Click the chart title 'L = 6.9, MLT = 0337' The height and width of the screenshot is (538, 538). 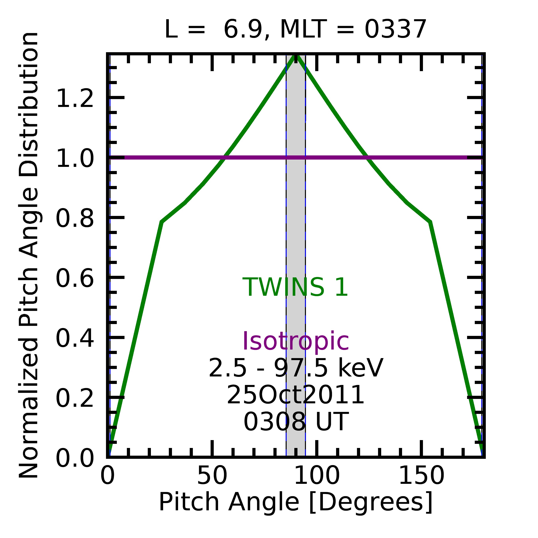(x=295, y=30)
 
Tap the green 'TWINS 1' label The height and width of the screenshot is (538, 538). (x=295, y=288)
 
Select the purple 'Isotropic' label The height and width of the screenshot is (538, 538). (x=295, y=341)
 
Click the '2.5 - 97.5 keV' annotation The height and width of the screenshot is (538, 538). (x=295, y=368)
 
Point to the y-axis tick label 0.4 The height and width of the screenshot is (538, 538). (x=75, y=339)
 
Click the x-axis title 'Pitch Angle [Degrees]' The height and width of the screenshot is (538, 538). (x=295, y=502)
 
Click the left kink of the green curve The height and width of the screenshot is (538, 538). (x=162, y=222)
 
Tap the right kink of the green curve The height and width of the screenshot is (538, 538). (x=430, y=222)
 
